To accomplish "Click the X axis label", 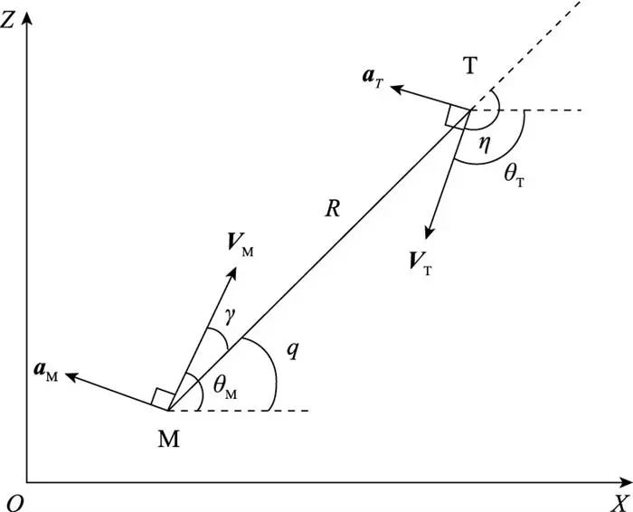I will (x=619, y=500).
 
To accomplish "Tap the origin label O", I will (x=13, y=501).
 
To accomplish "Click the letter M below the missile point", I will (x=168, y=439).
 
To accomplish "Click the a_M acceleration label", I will (x=43, y=375).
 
